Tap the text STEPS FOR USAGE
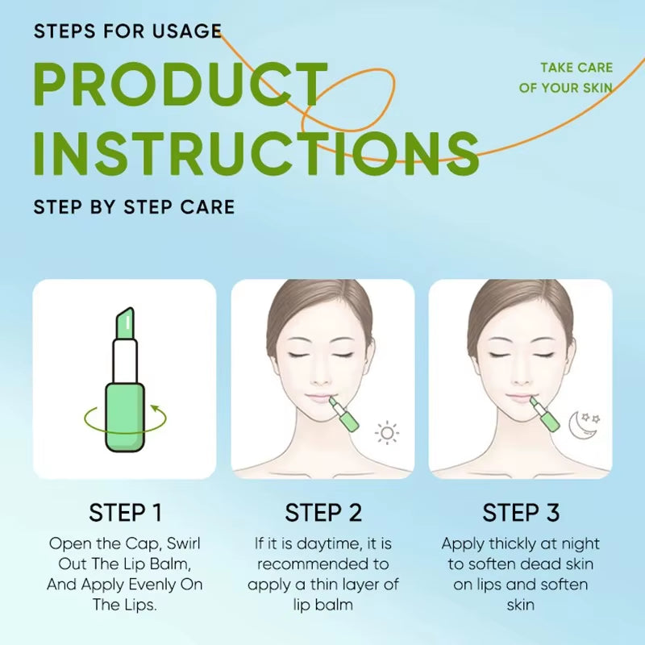pos(127,31)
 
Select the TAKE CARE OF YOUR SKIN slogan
pos(566,77)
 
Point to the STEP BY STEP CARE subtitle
pos(134,207)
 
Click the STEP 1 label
pos(125,513)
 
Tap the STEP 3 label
pos(520,513)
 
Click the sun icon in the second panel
pos(388,433)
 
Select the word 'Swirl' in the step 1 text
pos(177,544)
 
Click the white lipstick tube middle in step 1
pos(124,360)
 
